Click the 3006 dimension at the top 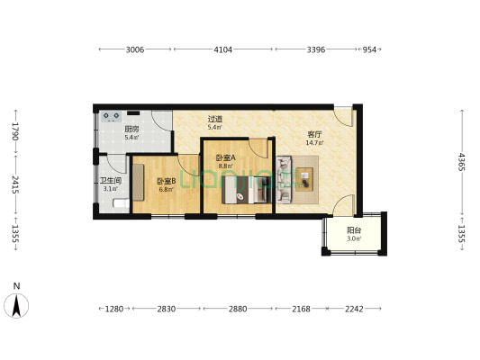(x=135, y=49)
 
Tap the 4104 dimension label (x=222, y=49)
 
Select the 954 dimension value (x=369, y=49)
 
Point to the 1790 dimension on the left (x=15, y=131)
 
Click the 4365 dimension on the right (x=461, y=162)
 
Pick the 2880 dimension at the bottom (x=238, y=309)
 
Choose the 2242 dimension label (x=354, y=309)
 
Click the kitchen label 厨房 (x=131, y=130)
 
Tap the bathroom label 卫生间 (x=111, y=181)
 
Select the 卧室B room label (x=167, y=182)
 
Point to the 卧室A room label (x=226, y=158)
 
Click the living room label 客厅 (x=314, y=134)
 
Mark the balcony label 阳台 (x=354, y=230)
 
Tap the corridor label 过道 (x=215, y=119)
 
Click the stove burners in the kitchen (x=111, y=116)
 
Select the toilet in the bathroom (x=122, y=203)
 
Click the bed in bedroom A (x=247, y=190)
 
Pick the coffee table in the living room (x=304, y=179)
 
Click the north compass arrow (x=16, y=306)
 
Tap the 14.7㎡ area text (x=314, y=142)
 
